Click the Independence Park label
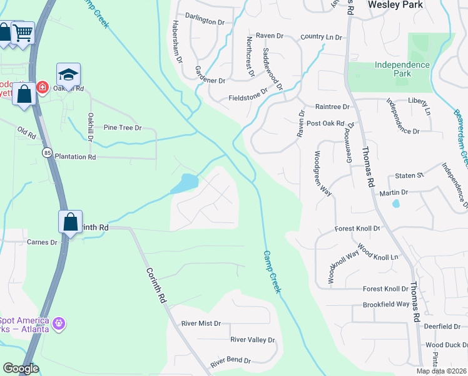point(402,69)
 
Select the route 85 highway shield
point(48,152)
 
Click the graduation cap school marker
point(69,75)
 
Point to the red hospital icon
point(43,87)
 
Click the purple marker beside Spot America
point(59,323)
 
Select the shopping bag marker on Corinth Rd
point(70,222)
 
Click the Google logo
point(21,368)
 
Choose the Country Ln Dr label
point(322,38)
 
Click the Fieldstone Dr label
point(248,98)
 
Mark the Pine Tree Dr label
point(123,128)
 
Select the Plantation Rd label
point(75,157)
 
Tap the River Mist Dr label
point(201,323)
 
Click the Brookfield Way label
point(386,305)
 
